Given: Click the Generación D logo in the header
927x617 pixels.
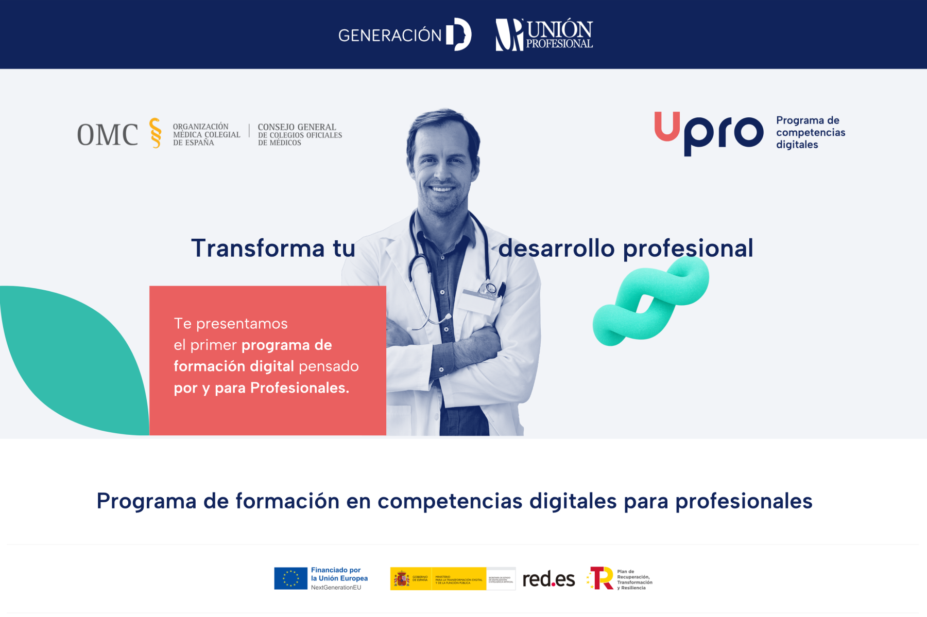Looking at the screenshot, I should (x=404, y=34).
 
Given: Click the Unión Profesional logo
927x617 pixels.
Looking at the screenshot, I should (x=544, y=34).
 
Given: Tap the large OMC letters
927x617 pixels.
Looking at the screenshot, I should (x=108, y=135).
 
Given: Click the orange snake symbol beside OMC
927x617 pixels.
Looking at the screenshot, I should (x=155, y=133).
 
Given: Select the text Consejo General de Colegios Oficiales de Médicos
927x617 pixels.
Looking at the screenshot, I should (x=299, y=134).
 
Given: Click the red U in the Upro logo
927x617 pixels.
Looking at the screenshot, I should (x=667, y=126).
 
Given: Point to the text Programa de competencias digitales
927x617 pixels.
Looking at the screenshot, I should (x=810, y=132).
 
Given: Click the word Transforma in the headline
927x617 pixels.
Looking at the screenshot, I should (x=258, y=248).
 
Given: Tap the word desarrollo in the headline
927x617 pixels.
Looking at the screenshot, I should (x=556, y=248).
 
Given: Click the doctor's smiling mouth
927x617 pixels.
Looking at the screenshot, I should (x=442, y=189).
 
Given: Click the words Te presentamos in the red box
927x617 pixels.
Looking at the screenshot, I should (x=231, y=324).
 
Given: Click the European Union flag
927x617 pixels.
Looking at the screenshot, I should (x=290, y=578).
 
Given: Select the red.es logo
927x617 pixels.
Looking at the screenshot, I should (x=548, y=579).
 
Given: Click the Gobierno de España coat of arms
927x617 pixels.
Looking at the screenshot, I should (x=402, y=579).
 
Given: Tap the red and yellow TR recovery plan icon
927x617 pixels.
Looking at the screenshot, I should (x=600, y=578).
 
